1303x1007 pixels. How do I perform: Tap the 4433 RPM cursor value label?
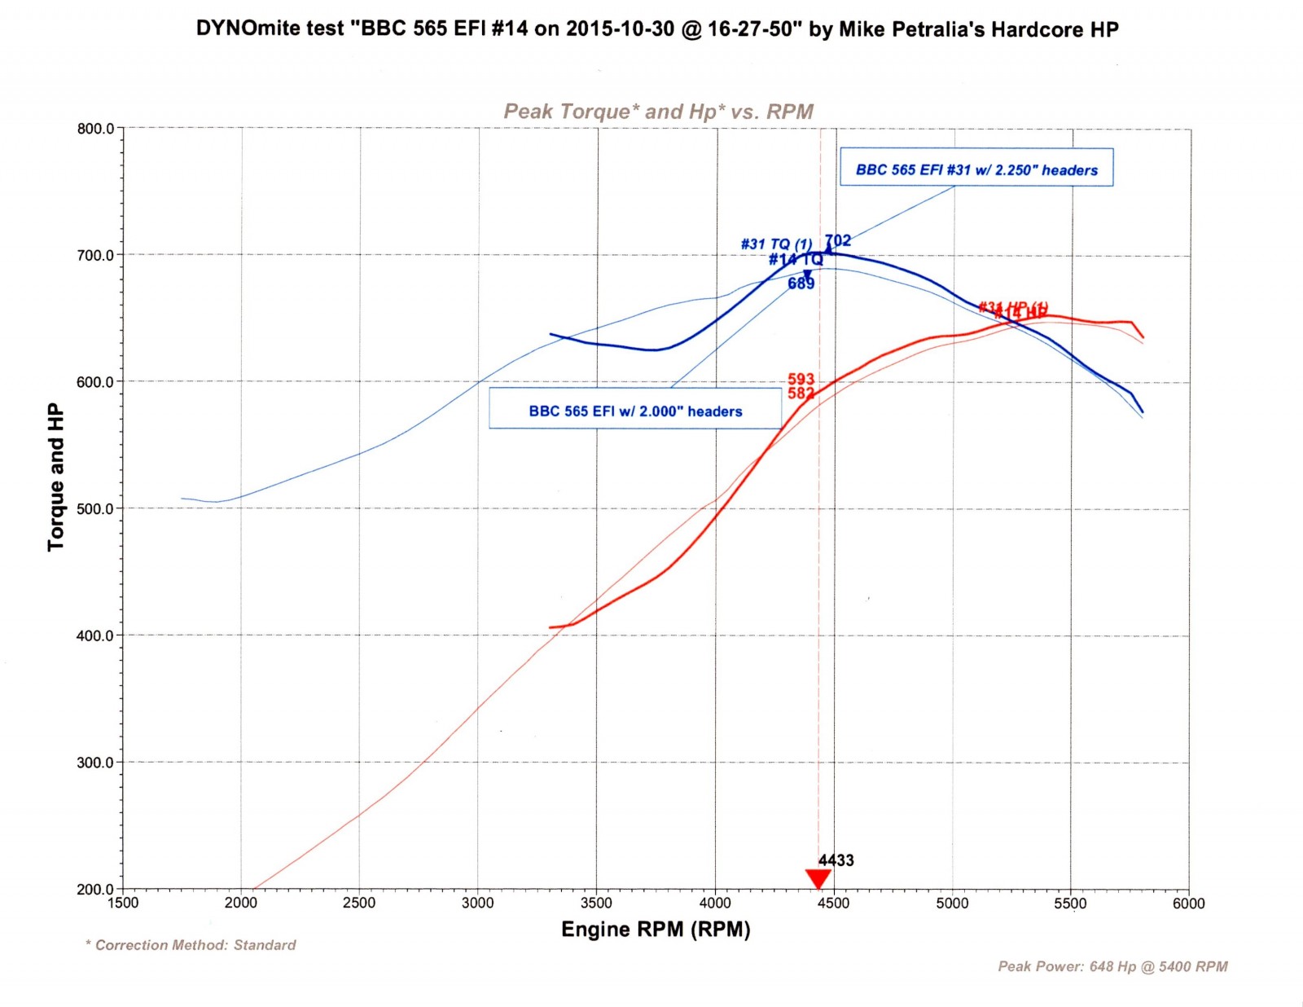(836, 860)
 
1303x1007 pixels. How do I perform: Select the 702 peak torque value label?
(838, 240)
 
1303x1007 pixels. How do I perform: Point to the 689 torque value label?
(801, 284)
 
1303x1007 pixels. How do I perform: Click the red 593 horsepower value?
(801, 379)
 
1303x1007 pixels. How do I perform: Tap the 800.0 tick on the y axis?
(96, 129)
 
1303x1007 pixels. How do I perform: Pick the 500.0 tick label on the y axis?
(96, 509)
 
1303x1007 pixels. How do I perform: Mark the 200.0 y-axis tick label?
(96, 890)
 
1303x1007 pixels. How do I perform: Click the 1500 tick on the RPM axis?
(123, 904)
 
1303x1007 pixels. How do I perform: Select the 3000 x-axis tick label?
(478, 904)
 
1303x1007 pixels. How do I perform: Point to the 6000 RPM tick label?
(1189, 904)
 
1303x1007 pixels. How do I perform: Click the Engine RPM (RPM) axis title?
(656, 930)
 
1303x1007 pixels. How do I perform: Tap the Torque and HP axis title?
(55, 477)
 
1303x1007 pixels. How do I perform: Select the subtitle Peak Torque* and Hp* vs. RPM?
(658, 112)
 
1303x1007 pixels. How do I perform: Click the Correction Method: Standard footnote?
(191, 945)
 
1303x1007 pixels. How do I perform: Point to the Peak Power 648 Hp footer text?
(1112, 966)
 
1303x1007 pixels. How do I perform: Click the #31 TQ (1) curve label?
(776, 244)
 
